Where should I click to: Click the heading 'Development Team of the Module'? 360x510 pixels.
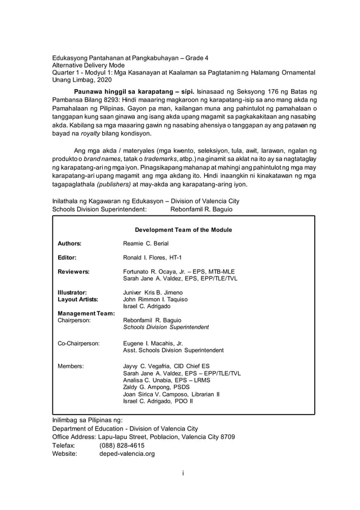click(183, 230)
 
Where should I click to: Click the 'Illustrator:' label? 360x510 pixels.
click(72, 292)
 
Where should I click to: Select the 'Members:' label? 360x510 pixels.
click(71, 366)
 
